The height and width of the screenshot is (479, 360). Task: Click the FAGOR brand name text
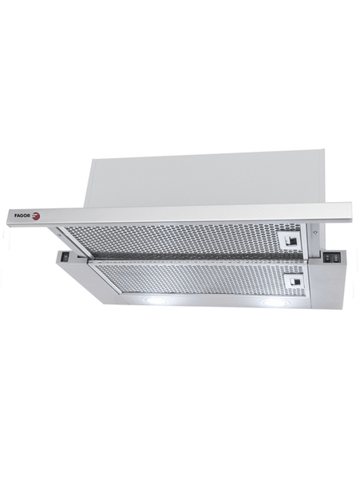(x=22, y=216)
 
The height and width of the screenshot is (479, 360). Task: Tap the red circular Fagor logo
(x=36, y=216)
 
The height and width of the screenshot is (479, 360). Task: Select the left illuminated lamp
(x=157, y=300)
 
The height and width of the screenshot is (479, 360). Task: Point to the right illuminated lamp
(x=272, y=303)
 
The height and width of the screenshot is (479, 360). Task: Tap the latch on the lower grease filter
(x=293, y=281)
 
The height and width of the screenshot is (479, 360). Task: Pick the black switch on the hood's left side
(x=65, y=257)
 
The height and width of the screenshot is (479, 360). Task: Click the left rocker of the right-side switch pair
(x=328, y=259)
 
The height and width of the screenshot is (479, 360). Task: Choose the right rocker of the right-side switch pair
(x=334, y=259)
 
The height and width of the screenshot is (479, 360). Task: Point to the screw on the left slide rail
(x=58, y=235)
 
